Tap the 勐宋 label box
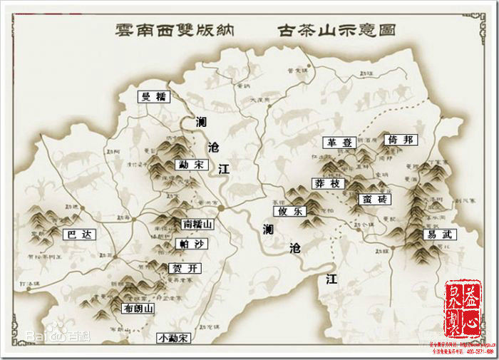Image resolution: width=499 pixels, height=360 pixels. (190, 165)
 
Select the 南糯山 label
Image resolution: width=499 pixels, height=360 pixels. (197, 223)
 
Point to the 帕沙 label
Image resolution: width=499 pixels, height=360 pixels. (190, 244)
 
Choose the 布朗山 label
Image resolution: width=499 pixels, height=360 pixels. (138, 309)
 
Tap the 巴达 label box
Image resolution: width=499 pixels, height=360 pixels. (78, 234)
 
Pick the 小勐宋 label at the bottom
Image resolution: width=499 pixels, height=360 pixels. (175, 338)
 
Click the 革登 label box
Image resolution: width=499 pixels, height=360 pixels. (338, 143)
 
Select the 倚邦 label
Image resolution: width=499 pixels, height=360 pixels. (399, 140)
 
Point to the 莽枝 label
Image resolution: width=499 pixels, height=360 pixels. (329, 183)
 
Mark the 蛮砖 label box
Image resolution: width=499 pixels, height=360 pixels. (374, 198)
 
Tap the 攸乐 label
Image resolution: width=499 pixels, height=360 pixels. (289, 211)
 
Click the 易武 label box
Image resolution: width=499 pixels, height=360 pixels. (439, 234)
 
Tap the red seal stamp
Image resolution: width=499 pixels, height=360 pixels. (463, 308)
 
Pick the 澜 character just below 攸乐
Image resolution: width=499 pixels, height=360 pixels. (268, 230)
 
